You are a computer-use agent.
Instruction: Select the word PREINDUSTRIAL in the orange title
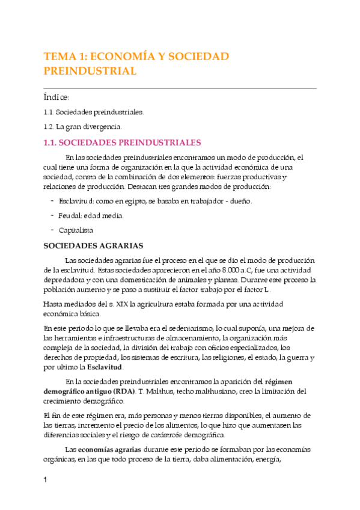pos(90,71)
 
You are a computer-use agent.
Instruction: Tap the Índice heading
pos(57,97)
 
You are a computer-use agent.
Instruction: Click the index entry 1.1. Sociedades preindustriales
pos(94,112)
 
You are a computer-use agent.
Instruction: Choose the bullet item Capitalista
pos(76,230)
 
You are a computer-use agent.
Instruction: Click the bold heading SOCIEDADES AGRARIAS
pos(93,245)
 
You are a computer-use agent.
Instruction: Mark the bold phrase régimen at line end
pos(281,381)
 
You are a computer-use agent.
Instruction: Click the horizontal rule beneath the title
pos(180,88)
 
